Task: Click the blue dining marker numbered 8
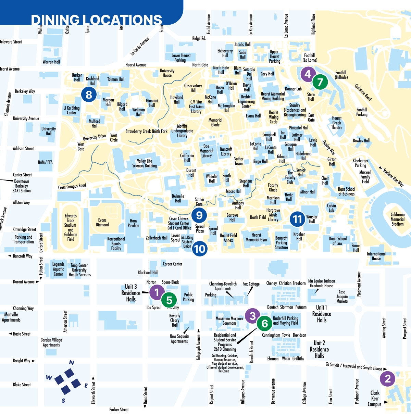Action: click(x=89, y=94)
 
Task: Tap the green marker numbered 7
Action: click(x=320, y=82)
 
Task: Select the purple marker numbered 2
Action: click(x=388, y=379)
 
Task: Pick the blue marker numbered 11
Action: click(x=297, y=219)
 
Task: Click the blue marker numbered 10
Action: click(x=199, y=249)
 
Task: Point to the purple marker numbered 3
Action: click(x=252, y=316)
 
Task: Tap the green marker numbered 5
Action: click(x=169, y=300)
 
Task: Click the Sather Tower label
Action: click(x=239, y=161)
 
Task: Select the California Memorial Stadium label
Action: click(x=397, y=219)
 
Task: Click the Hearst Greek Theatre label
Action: click(x=337, y=123)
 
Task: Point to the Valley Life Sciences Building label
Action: click(x=144, y=163)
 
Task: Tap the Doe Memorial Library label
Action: click(x=206, y=151)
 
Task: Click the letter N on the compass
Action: click(x=72, y=363)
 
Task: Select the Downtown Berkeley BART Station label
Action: click(x=22, y=186)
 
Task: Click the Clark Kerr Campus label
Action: click(x=375, y=399)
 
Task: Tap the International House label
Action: click(x=376, y=256)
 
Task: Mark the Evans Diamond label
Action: click(x=102, y=223)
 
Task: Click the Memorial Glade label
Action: click(x=215, y=122)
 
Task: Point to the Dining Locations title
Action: click(x=97, y=20)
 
